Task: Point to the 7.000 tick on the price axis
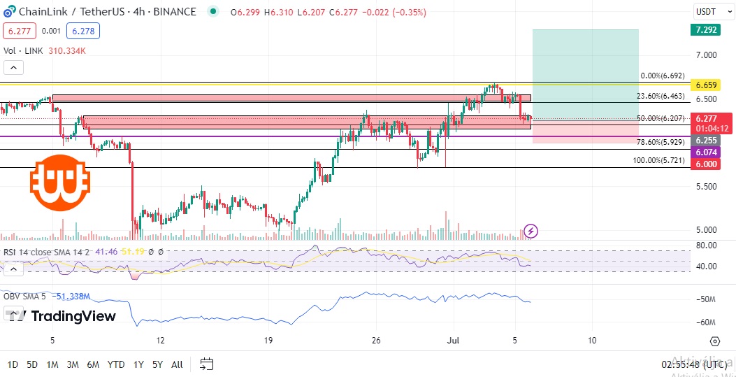coord(706,55)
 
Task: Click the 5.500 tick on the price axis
coord(706,187)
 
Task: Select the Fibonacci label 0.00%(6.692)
coord(663,76)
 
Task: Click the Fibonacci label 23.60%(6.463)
coord(661,97)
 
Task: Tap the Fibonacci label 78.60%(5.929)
coord(661,142)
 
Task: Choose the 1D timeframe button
coord(13,364)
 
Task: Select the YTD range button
coord(117,364)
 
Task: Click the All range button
coord(177,364)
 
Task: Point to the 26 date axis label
coord(377,341)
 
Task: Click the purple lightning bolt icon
coord(531,231)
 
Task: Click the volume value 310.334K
coord(67,50)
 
